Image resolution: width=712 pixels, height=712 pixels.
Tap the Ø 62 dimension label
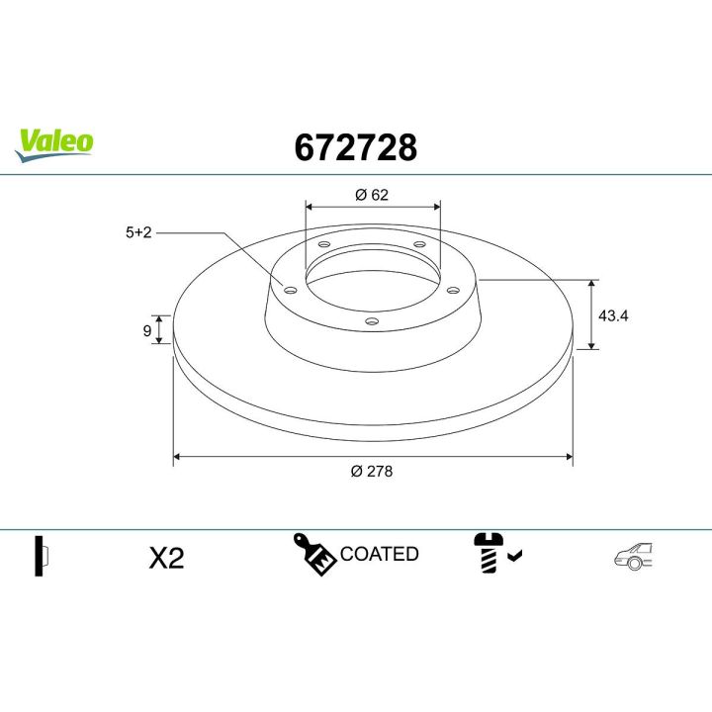372,194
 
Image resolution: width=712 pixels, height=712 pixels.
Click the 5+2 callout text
137,232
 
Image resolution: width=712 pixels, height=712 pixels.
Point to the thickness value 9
147,330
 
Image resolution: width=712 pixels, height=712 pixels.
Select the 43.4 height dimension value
614,315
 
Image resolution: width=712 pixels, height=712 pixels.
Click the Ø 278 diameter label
372,472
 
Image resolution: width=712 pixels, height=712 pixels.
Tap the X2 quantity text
166,558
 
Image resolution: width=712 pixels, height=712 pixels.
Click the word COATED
380,554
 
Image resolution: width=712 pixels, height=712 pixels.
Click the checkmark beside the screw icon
515,558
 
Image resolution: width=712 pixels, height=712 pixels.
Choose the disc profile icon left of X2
42,556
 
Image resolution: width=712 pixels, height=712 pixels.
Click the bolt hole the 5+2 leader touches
290,290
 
